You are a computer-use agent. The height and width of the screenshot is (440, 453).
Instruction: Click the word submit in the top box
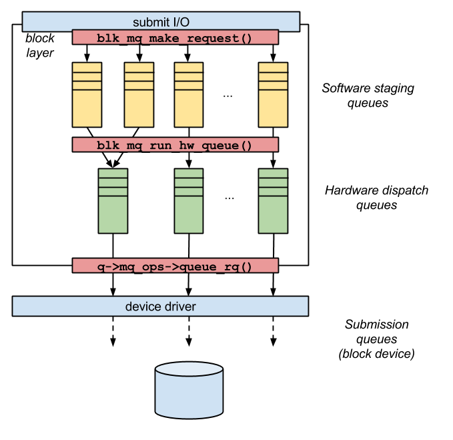click(150, 22)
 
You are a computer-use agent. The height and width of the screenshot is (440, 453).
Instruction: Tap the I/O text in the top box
click(178, 22)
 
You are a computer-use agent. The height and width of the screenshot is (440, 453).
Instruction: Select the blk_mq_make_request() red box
click(175, 37)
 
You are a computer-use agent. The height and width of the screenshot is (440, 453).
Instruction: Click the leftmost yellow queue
click(87, 95)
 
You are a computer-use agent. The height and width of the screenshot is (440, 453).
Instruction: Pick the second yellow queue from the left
click(139, 95)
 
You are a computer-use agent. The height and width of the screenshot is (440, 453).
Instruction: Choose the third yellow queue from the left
click(189, 95)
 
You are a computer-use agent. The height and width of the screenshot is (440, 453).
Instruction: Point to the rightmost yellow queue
click(273, 95)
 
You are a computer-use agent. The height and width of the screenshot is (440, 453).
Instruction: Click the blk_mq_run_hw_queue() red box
click(175, 145)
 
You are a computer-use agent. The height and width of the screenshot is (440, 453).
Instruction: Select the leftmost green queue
click(113, 201)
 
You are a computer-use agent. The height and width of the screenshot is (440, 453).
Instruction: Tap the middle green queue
click(189, 201)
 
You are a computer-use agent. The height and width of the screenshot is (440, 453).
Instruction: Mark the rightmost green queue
click(273, 201)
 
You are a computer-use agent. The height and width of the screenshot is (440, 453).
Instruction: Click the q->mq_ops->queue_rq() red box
click(175, 266)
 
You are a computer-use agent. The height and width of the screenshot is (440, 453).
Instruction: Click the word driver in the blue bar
click(179, 306)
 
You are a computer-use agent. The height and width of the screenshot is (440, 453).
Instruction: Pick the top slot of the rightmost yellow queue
click(273, 67)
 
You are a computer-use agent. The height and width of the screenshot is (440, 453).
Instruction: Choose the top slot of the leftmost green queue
click(113, 173)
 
